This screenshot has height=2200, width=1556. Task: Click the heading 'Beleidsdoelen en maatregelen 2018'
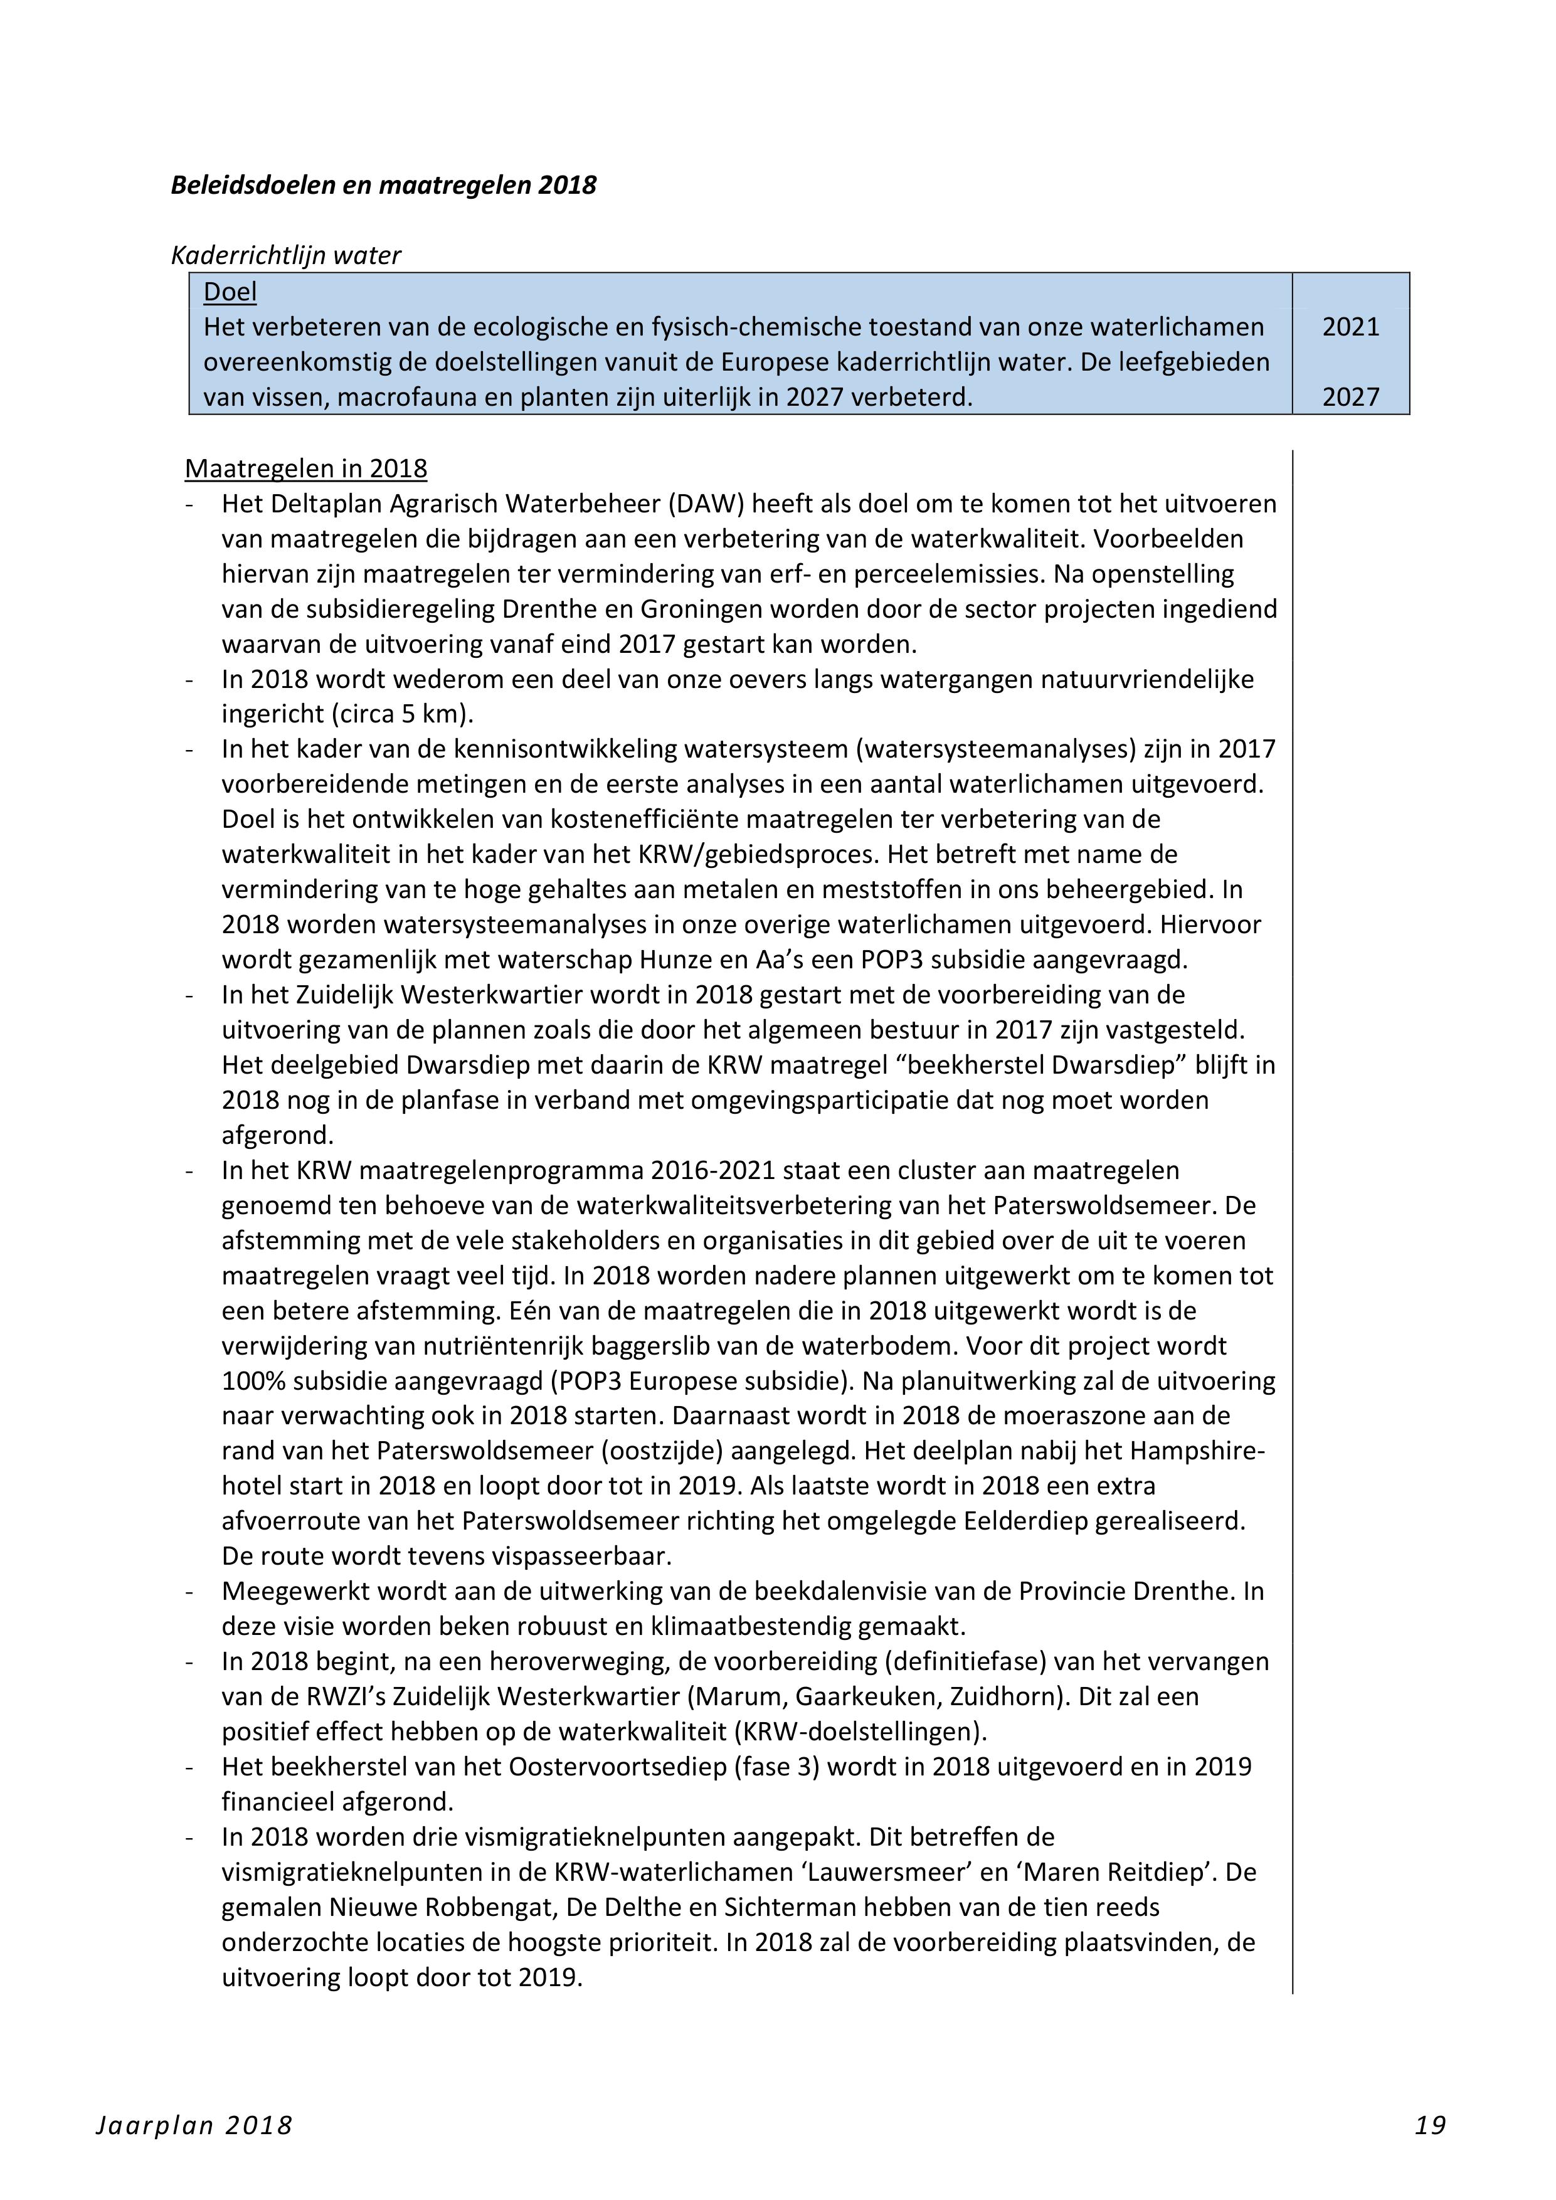[383, 185]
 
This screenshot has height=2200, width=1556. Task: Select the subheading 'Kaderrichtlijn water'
[285, 256]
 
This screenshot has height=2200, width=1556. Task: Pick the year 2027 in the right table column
[1351, 397]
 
